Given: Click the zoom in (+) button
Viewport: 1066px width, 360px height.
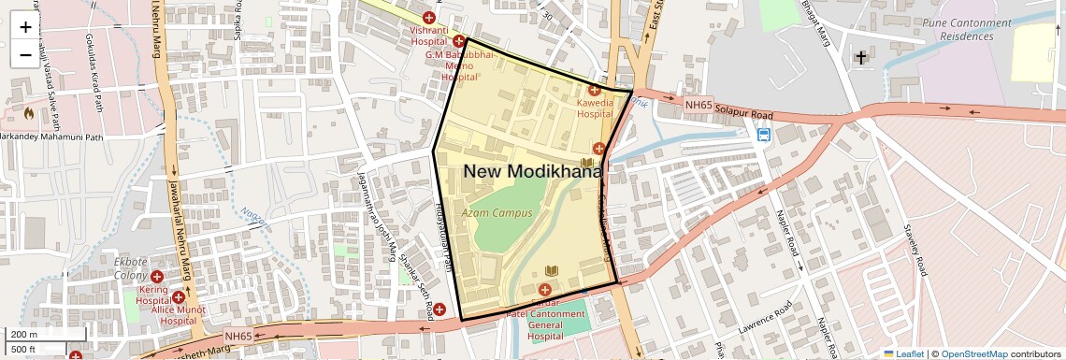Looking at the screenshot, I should [25, 27].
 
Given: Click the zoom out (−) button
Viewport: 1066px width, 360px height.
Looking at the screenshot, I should [25, 55].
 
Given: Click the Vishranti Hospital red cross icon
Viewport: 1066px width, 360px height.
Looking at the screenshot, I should [429, 18].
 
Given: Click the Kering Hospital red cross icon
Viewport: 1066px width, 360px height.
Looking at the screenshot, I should [157, 278].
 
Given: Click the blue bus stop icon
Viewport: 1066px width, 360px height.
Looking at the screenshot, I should [764, 134].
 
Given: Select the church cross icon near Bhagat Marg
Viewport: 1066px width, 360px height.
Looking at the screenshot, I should [859, 58].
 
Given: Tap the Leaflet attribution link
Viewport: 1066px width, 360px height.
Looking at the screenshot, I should [903, 353].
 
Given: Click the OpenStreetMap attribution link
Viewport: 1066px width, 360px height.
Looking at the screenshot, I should [972, 353].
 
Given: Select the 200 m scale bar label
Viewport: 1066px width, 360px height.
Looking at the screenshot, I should [24, 335].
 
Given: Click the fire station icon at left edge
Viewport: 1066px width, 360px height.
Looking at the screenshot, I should [28, 113].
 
